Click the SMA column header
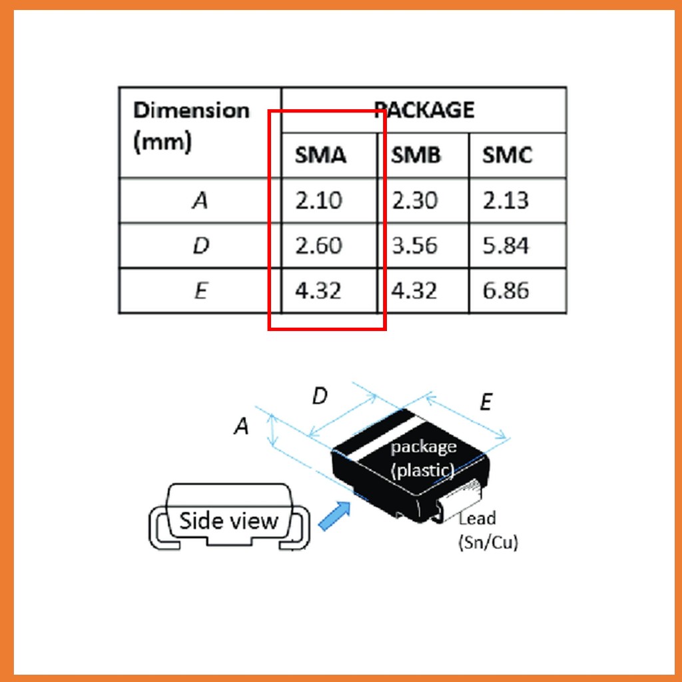(320, 155)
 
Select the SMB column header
(416, 155)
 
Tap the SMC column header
(507, 155)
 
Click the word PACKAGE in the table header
(424, 110)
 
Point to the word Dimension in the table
(191, 110)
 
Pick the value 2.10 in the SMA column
(319, 200)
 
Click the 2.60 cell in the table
(319, 245)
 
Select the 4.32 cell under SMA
(318, 290)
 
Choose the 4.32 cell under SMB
(414, 290)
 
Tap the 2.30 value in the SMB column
(414, 200)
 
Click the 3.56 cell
(414, 245)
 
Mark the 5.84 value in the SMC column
(506, 245)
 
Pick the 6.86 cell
(506, 290)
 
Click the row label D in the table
(200, 246)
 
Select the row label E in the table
(200, 290)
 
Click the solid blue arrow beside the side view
(335, 515)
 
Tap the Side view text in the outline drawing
(228, 521)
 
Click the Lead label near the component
(478, 518)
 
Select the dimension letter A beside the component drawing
(241, 426)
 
